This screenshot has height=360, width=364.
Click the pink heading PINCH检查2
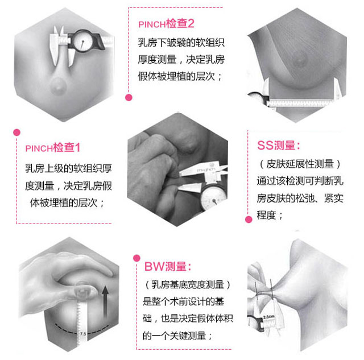[x=166, y=24]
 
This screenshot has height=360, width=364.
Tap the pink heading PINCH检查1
[x=53, y=148]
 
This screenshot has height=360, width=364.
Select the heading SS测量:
[x=279, y=146]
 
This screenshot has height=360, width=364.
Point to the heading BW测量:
[x=168, y=267]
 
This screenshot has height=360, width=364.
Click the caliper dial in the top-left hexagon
[x=82, y=42]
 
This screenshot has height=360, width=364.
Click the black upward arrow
[x=105, y=302]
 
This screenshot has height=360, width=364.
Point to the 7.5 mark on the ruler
[x=83, y=334]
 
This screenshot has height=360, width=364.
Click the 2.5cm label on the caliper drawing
[x=269, y=317]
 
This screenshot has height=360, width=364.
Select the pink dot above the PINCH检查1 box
[x=16, y=133]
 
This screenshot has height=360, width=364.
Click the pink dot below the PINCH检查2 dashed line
[x=129, y=97]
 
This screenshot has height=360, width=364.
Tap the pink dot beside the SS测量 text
[x=249, y=220]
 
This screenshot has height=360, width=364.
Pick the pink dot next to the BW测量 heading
[x=136, y=258]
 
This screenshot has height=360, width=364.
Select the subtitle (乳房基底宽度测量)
[x=188, y=284]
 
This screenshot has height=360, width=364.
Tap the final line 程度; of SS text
[x=270, y=215]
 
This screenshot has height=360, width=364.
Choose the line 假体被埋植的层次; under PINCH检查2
[x=180, y=76]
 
